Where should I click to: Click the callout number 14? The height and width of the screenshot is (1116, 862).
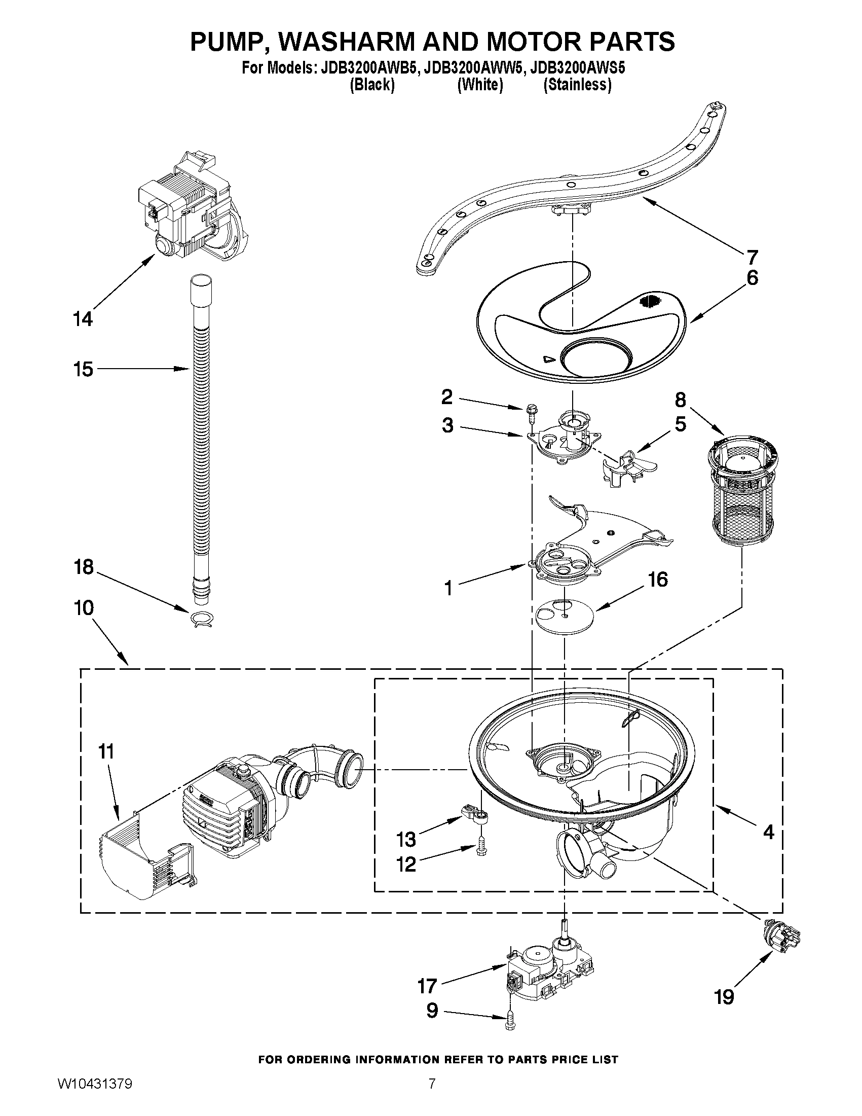(83, 319)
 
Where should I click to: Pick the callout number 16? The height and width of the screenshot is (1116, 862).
(657, 580)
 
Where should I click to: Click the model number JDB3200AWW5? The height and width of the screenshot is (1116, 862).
(473, 68)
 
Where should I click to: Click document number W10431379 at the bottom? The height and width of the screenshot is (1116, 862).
(95, 1094)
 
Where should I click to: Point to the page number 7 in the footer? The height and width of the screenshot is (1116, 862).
(432, 1094)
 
